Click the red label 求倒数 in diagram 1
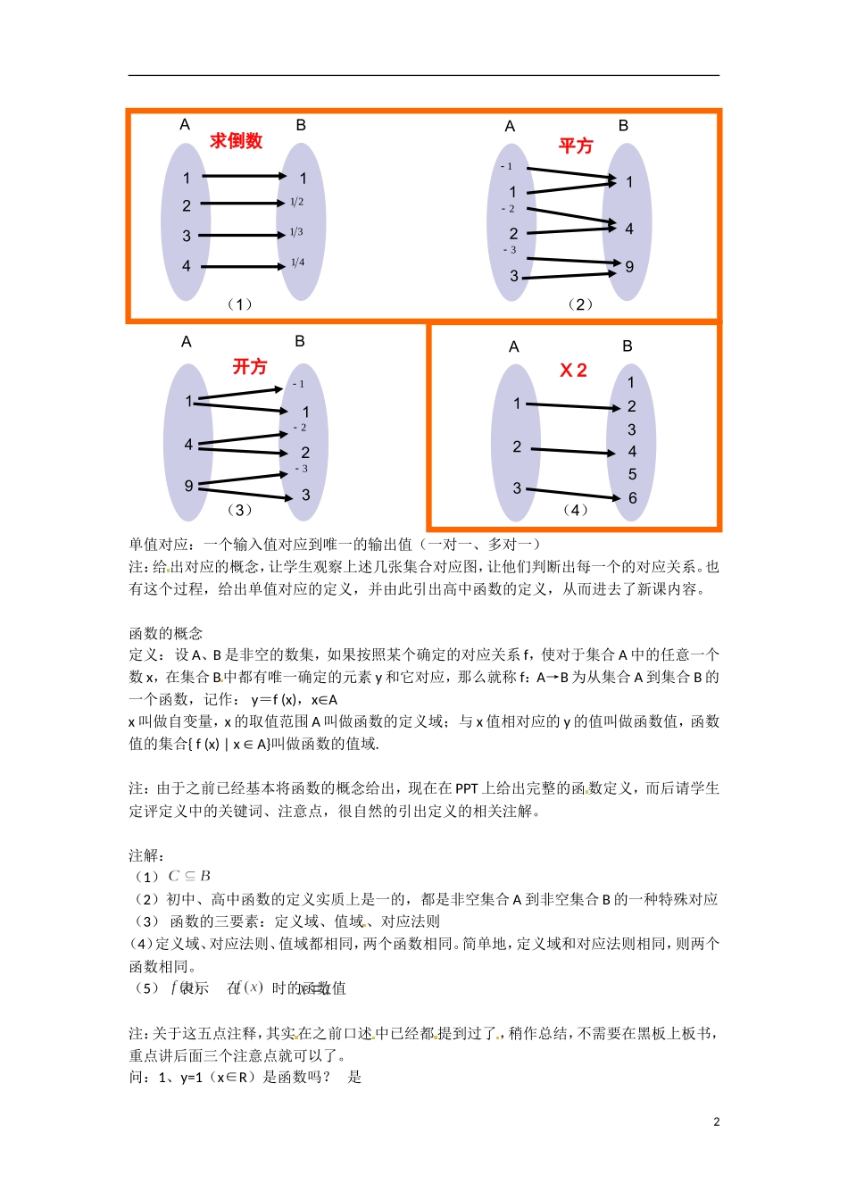tap(236, 141)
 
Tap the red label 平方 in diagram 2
tap(576, 146)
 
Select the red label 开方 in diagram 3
tap(249, 367)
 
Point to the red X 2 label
tap(573, 371)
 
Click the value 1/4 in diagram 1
tap(297, 262)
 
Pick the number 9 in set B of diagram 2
tap(629, 267)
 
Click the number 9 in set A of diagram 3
tap(188, 486)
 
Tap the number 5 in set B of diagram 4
tap(632, 475)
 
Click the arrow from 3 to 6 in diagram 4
tap(571, 494)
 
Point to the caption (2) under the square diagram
tap(579, 304)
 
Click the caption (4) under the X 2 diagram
tap(575, 510)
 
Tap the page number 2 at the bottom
tap(716, 1122)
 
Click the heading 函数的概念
tap(166, 633)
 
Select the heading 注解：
tap(146, 855)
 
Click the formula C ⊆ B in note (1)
tap(189, 876)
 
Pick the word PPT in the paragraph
tap(466, 788)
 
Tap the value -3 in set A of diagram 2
tap(509, 250)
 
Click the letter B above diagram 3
tap(300, 341)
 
